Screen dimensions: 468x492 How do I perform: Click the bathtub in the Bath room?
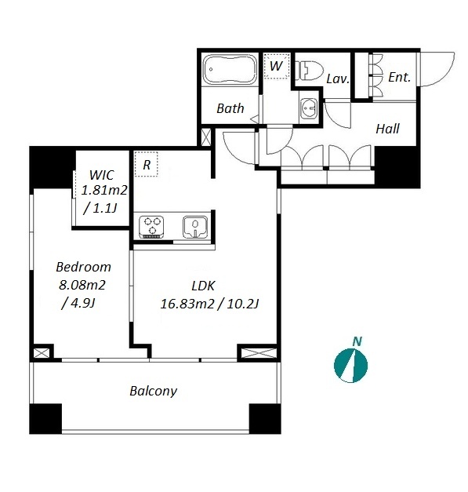tap(230, 70)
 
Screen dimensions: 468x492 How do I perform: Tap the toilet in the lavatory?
tap(310, 71)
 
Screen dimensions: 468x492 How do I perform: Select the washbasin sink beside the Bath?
tap(308, 108)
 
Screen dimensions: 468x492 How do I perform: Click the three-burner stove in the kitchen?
tap(151, 227)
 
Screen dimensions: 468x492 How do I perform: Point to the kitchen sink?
tap(194, 227)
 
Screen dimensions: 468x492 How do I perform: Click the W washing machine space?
tap(276, 66)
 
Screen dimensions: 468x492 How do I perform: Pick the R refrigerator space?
tap(146, 164)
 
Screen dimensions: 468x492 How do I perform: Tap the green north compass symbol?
tap(350, 366)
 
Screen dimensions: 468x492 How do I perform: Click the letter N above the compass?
tap(357, 341)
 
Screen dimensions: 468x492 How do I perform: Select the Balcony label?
tap(154, 392)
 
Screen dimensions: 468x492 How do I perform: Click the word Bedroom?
tap(83, 267)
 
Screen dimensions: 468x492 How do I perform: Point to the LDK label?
tap(203, 286)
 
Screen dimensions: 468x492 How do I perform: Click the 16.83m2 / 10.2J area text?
tap(209, 304)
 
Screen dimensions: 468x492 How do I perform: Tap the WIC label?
tap(101, 175)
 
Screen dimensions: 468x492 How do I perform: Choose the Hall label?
tap(388, 129)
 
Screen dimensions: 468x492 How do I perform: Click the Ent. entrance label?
tap(399, 77)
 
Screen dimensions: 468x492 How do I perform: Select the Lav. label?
tap(338, 78)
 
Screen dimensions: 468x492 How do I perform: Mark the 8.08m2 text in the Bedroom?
tap(82, 285)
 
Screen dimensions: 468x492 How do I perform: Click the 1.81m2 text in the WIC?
tap(104, 191)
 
